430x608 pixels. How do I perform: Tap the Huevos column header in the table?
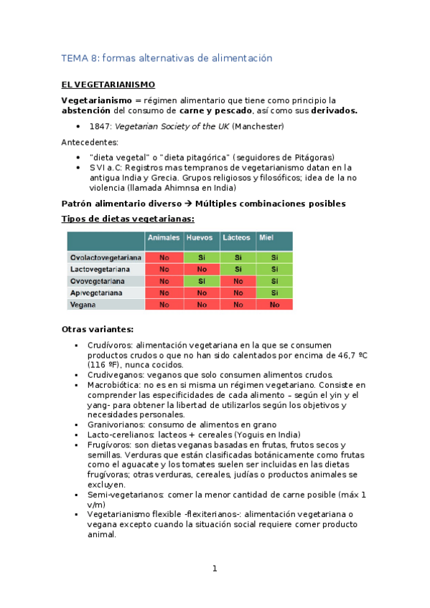[x=199, y=237]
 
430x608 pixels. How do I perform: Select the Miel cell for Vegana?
[x=274, y=305]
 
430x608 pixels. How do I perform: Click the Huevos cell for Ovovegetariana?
[x=200, y=281]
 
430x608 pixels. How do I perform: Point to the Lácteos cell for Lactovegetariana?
[x=238, y=269]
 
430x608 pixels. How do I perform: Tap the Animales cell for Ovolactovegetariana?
[x=164, y=257]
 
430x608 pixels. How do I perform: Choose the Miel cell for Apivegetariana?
[x=274, y=293]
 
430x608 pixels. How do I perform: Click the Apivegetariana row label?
[x=96, y=293]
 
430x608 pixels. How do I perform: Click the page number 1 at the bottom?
[x=214, y=569]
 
